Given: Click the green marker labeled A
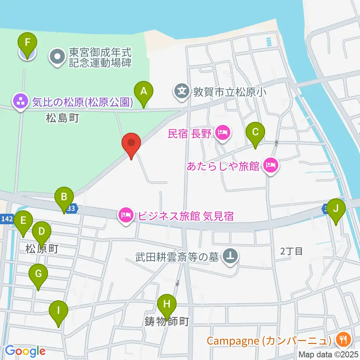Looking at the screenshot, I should point(143,91).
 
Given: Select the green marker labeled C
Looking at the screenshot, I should point(255,132).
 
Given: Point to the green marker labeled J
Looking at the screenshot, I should point(336,208).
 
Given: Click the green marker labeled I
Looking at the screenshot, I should point(58,311).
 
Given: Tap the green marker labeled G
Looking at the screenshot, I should point(38,274).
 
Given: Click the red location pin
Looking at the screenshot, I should point(131,143).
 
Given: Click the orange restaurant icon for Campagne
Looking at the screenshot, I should point(343,340).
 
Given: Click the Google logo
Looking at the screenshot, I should point(25,351).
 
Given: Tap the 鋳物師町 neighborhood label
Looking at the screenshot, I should point(166,321).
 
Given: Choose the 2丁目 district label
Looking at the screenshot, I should point(292,251).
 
